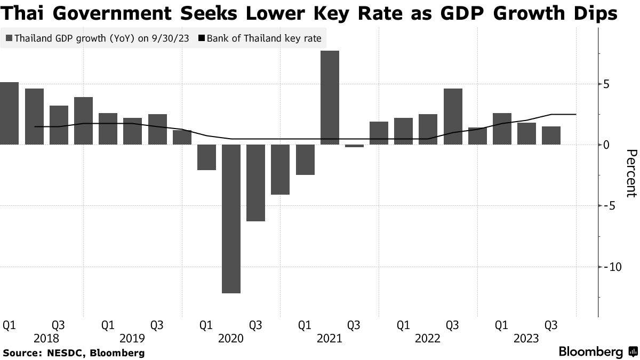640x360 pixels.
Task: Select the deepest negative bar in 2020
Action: (x=231, y=219)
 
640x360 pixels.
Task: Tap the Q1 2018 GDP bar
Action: (x=9, y=113)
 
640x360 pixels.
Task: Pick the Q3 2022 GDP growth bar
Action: (x=453, y=116)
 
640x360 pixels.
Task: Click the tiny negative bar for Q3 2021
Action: (x=354, y=146)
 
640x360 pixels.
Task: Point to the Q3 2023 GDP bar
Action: (x=551, y=135)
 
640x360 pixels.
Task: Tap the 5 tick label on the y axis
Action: (x=606, y=84)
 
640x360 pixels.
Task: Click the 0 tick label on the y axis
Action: (x=606, y=145)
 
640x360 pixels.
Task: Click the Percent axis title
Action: (x=630, y=173)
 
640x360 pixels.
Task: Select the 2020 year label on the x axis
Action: (x=231, y=338)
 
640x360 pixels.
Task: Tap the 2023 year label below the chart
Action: (x=526, y=338)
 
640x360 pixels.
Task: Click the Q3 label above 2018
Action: (x=58, y=325)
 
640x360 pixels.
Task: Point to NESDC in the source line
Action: (x=65, y=353)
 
